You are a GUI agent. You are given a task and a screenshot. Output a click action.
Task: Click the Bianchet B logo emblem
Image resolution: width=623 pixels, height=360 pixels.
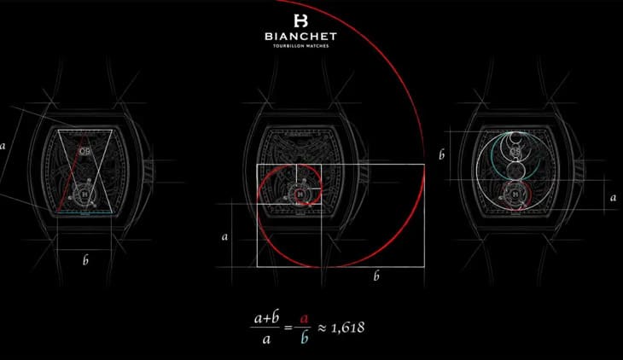(x=300, y=20)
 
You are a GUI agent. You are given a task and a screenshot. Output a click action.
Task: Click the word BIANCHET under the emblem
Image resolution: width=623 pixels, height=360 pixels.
(x=300, y=37)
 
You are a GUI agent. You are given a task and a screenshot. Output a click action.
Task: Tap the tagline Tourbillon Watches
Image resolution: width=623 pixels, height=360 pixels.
(x=300, y=46)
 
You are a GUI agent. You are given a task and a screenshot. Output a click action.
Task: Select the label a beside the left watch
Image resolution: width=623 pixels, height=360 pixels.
(x=3, y=146)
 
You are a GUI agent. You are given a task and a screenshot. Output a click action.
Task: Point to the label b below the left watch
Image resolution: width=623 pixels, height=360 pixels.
(x=85, y=260)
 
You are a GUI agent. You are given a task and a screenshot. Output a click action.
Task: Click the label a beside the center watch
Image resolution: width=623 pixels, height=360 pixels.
(x=225, y=237)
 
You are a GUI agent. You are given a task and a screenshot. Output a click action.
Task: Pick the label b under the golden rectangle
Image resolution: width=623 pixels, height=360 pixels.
(x=376, y=276)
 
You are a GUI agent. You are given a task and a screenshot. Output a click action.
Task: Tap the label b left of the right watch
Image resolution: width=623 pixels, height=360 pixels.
(x=441, y=154)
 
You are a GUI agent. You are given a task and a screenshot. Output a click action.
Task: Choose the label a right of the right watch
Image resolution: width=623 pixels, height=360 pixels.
(x=613, y=197)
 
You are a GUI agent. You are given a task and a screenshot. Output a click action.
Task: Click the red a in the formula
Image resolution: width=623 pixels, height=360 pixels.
(x=304, y=319)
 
